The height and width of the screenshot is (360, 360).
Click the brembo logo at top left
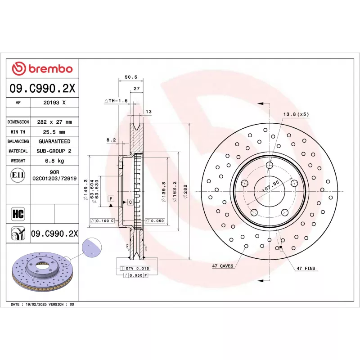point(42,69)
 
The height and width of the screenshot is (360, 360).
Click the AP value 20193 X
point(54,103)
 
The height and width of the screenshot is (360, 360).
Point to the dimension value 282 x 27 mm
point(54,122)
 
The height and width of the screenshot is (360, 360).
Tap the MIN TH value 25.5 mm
point(54,132)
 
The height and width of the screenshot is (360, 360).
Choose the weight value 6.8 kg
point(54,161)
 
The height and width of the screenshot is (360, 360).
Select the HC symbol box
point(18,214)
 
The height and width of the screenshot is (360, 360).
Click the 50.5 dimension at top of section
point(130,77)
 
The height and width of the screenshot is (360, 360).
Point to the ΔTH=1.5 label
point(116,101)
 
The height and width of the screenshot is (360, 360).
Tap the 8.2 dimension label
point(111,140)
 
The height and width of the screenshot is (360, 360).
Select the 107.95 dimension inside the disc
point(270,185)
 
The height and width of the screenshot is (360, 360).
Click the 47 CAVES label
point(222,266)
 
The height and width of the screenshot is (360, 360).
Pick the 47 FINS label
point(306,269)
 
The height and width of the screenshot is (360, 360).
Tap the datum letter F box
point(110,198)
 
